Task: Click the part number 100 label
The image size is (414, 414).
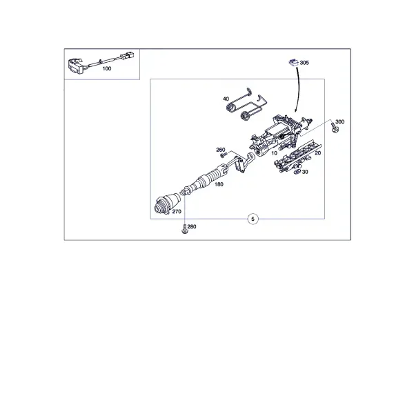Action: click(107, 68)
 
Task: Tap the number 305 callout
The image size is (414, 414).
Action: click(304, 63)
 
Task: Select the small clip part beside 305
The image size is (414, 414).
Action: click(293, 63)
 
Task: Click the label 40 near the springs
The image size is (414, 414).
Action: click(226, 99)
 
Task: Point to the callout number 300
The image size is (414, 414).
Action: click(339, 121)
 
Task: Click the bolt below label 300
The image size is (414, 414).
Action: click(335, 129)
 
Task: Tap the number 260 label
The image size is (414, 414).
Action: click(221, 150)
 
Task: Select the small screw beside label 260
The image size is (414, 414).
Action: click(224, 155)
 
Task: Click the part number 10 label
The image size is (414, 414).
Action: click(274, 153)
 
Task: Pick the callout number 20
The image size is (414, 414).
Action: click(317, 153)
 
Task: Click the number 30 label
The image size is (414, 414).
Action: click(305, 172)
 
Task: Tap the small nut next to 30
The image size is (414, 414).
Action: click(297, 172)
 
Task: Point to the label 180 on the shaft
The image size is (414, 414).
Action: click(219, 184)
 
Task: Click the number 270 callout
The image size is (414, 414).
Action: click(177, 212)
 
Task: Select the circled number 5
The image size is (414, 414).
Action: click(253, 219)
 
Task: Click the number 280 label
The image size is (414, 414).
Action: click(192, 227)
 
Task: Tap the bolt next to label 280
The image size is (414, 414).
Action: click(184, 229)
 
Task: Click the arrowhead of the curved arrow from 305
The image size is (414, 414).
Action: click(296, 110)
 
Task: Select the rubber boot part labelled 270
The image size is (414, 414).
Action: click(167, 203)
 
